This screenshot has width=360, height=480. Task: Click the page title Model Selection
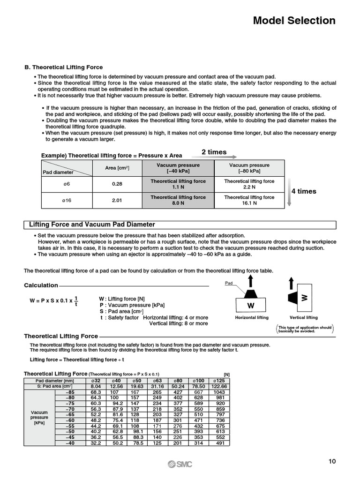294,21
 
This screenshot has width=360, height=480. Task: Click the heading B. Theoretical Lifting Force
63,67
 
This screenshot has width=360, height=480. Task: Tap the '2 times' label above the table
214,152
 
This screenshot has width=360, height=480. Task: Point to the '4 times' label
304,191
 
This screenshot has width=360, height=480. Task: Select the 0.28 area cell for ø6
117,184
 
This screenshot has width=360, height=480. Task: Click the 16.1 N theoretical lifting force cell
249,201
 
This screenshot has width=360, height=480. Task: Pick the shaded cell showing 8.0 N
178,201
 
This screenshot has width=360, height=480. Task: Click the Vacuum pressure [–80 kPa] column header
249,168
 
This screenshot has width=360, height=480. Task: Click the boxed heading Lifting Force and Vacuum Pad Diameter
92,225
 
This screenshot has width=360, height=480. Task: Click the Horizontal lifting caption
252,318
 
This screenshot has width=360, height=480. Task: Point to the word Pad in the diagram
229,284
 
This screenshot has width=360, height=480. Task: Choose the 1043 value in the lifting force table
219,392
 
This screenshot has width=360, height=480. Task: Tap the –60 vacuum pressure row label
70,420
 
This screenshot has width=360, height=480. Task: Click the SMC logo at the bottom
180,464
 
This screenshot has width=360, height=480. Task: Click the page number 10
332,461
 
